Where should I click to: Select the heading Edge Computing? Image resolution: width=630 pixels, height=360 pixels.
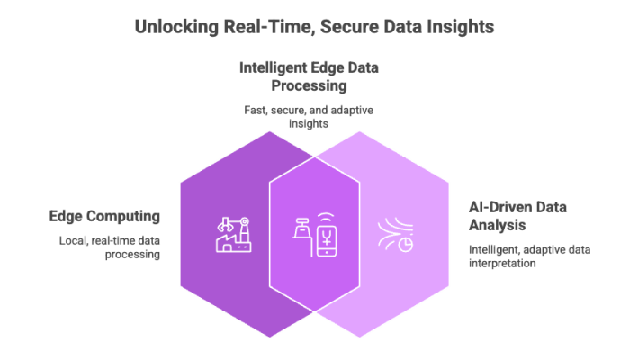(103, 217)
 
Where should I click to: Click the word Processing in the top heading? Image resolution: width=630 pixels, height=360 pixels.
(310, 86)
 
